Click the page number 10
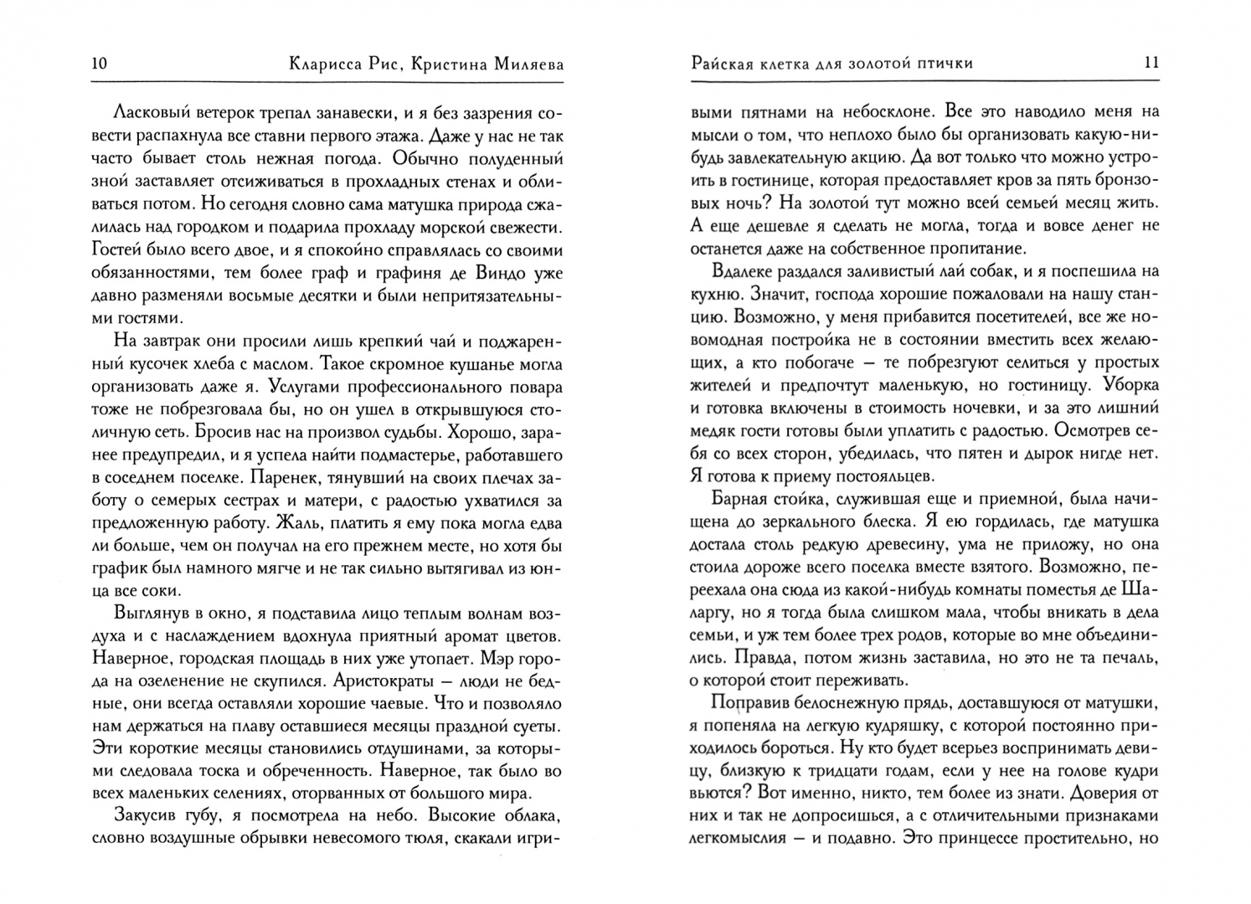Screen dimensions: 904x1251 coord(98,64)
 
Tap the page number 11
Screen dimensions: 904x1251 coord(1151,63)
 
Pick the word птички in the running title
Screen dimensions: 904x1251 coord(943,63)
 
